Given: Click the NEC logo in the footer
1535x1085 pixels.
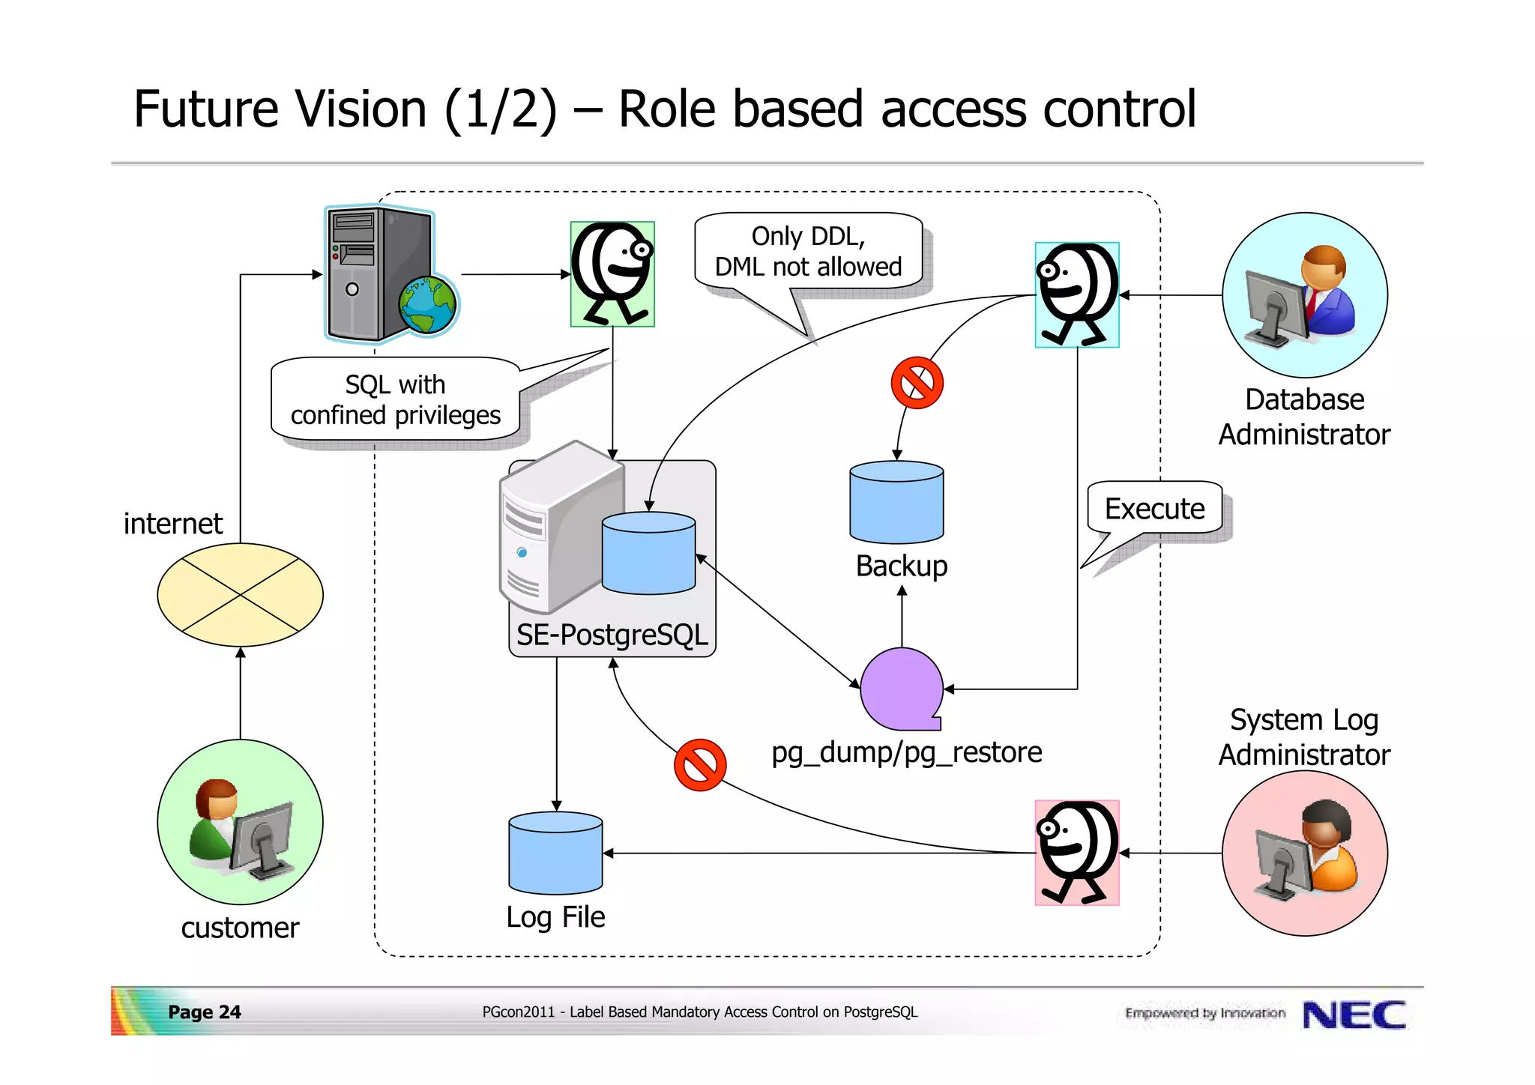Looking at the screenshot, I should pos(1354,1015).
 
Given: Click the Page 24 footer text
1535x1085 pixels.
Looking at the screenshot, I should pos(204,1012).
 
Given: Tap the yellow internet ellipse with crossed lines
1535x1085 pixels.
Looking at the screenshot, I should pos(240,594).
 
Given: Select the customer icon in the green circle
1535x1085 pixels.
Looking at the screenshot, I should pos(240,822).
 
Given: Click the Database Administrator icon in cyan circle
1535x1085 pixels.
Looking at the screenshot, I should pos(1304,294).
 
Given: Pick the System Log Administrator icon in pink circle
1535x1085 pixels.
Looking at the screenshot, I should pos(1304,853).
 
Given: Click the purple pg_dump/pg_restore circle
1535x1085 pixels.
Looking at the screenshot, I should pos(901,689).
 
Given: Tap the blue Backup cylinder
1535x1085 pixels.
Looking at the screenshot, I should pos(896,502).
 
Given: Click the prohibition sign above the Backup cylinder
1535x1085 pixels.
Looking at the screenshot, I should pos(917,383).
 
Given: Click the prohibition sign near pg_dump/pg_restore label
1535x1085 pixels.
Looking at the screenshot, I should pos(699,765).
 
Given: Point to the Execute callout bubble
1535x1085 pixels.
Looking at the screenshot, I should pos(1154,509).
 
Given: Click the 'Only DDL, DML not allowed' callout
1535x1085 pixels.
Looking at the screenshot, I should pos(808,252).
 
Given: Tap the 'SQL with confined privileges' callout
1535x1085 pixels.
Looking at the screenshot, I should pos(395,399).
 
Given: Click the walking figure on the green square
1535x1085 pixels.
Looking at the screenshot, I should pos(612,273).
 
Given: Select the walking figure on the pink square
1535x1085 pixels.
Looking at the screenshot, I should pos(1076,853).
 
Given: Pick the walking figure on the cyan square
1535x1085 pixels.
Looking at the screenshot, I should pos(1076,294).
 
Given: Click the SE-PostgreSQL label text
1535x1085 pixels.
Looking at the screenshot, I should pos(612,635).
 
